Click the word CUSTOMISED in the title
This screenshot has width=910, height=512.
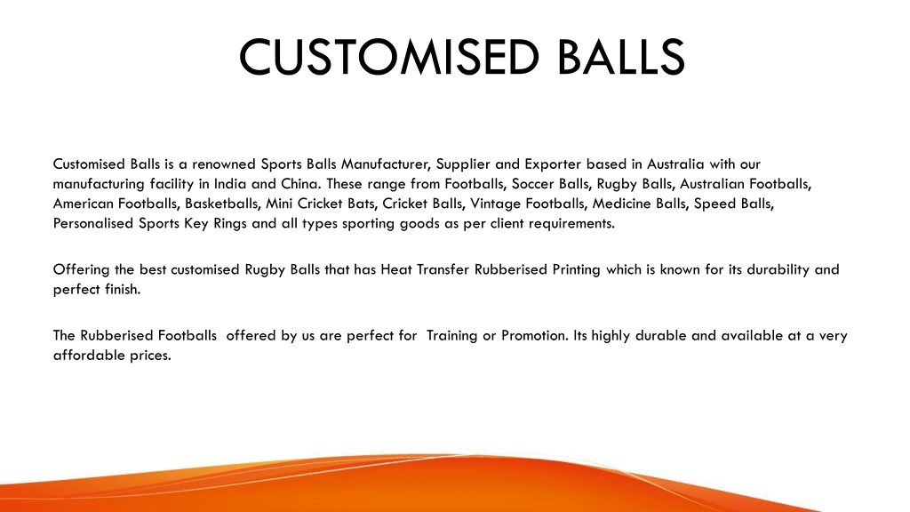pos(389,57)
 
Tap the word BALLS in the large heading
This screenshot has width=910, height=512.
pos(621,57)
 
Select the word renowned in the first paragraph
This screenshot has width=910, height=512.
pos(224,164)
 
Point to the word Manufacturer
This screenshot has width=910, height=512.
pos(386,164)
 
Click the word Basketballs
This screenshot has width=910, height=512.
pos(221,204)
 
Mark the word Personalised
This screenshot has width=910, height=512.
pos(92,223)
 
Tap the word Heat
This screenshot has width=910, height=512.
pos(395,269)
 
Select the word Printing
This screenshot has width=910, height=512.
pos(576,270)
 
